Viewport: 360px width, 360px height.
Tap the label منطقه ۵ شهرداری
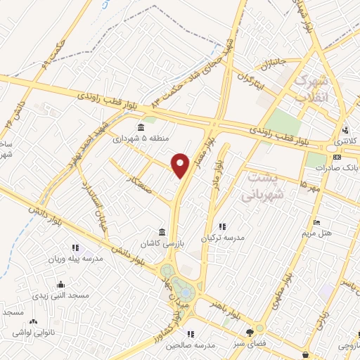pyautogui.click(x=141, y=139)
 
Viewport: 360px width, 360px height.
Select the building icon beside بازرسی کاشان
pyautogui.click(x=162, y=233)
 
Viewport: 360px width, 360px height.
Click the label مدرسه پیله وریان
pyautogui.click(x=75, y=259)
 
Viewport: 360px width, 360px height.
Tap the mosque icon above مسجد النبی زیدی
pyautogui.click(x=61, y=285)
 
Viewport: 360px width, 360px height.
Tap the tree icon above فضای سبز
pyautogui.click(x=248, y=333)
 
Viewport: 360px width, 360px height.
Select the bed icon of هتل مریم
pyautogui.click(x=316, y=221)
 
